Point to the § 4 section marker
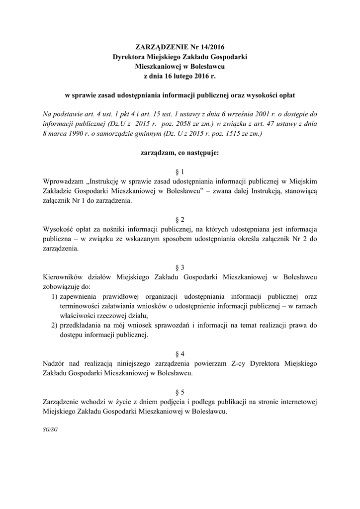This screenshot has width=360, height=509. click(x=180, y=354)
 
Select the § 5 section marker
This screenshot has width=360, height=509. click(x=180, y=392)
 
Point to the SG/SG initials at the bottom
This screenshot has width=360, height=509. click(x=50, y=429)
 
